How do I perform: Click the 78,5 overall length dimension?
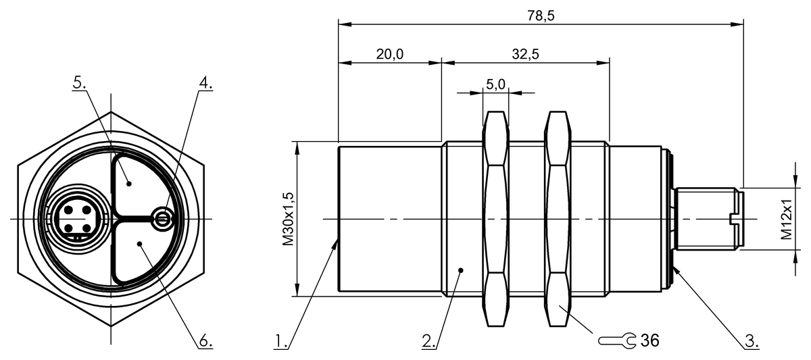541,16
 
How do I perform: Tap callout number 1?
282,342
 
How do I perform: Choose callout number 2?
428,342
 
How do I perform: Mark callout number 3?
752,342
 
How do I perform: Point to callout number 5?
80,83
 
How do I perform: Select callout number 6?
205,342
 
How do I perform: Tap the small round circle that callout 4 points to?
162,217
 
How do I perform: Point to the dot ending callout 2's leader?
461,270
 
